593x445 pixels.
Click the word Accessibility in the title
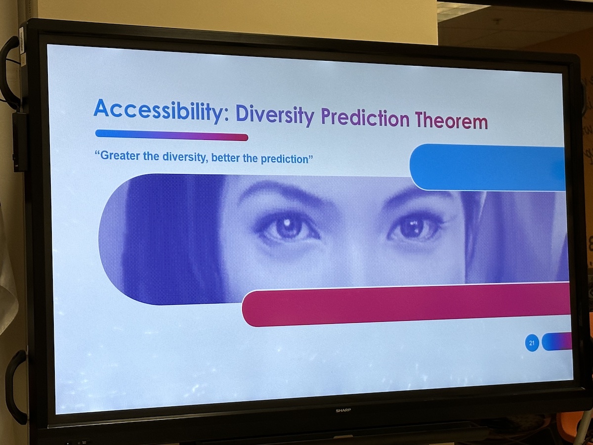[158, 110]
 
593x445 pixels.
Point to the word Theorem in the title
[452, 121]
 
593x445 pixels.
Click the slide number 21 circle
[532, 343]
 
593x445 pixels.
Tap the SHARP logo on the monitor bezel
[343, 410]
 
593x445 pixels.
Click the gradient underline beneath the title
[171, 135]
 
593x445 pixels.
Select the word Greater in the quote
[119, 156]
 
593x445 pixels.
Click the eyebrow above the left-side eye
[286, 194]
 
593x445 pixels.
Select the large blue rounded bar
[488, 168]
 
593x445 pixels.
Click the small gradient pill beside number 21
[557, 342]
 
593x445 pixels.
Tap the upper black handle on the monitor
[10, 74]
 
